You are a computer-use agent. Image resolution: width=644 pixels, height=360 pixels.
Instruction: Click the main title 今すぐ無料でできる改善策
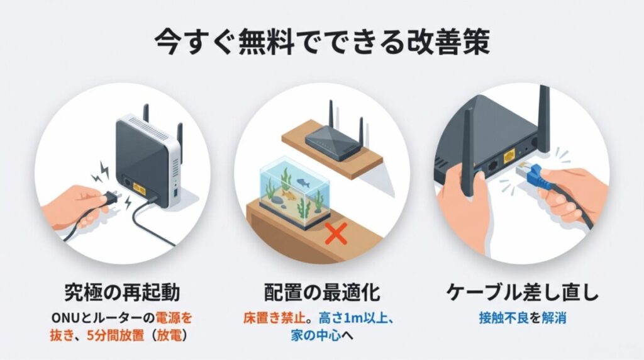coord(322,43)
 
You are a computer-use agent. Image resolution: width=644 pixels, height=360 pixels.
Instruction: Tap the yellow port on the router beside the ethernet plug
coord(509,154)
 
